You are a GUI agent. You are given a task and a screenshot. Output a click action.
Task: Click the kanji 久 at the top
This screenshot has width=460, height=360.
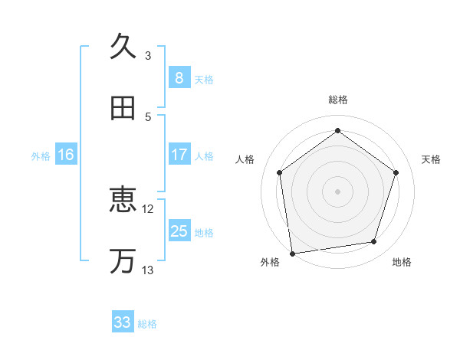123,47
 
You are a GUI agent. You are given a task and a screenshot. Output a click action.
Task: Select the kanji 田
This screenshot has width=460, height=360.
123,108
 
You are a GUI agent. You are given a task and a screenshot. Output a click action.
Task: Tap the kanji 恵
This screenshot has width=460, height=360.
123,201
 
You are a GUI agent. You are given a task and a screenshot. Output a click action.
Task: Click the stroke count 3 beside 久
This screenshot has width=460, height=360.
148,55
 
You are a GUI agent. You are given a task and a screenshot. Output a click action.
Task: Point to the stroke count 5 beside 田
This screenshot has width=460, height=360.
148,116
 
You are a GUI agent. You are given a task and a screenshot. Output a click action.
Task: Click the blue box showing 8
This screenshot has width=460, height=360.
179,77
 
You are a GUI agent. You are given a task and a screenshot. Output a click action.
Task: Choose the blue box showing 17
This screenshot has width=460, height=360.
179,155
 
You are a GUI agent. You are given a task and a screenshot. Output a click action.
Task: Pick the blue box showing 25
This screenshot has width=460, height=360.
179,231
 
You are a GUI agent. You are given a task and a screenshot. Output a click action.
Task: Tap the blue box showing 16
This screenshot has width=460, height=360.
66,155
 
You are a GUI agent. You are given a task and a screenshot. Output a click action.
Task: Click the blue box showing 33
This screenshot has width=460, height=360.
123,322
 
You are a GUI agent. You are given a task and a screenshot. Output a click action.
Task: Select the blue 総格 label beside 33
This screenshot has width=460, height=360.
147,324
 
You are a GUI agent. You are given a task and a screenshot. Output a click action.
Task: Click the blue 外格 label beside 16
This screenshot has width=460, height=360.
41,156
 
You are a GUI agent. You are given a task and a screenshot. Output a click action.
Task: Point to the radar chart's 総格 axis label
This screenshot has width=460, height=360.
338,100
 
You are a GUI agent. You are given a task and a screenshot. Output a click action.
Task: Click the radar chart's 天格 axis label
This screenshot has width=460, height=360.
432,159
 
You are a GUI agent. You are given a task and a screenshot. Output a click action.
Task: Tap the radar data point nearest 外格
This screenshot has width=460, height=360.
292,253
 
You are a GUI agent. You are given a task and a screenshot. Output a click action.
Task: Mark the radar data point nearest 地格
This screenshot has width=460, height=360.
374,242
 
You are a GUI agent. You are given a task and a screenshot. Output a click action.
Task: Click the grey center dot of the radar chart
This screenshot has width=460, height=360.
338,191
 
